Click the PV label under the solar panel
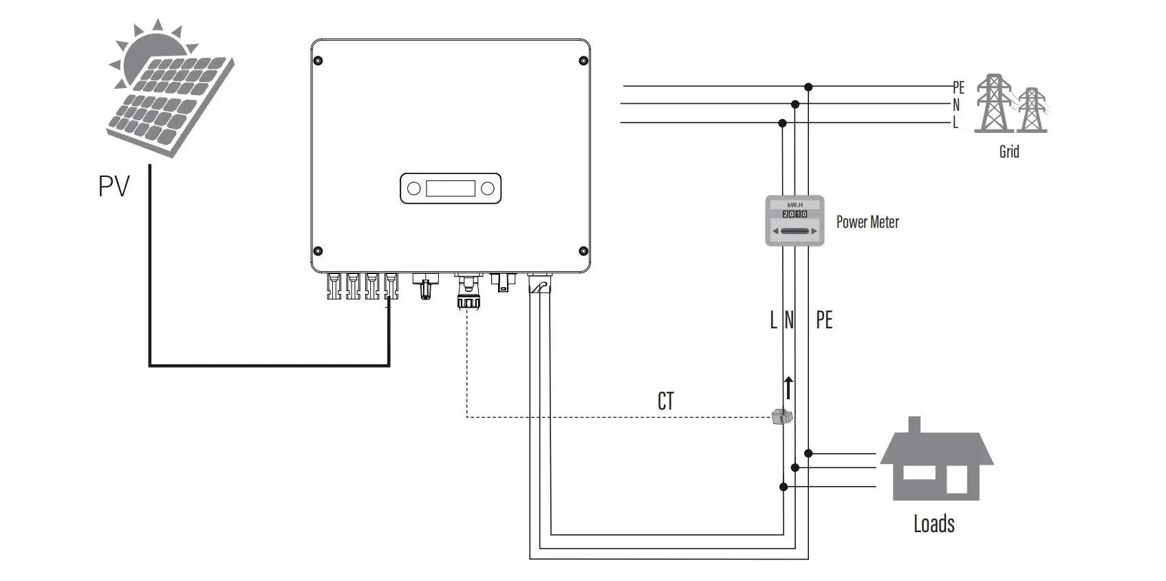tap(114, 186)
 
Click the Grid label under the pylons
tap(1008, 151)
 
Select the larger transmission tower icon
tap(993, 103)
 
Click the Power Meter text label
tap(867, 222)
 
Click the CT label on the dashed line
tap(665, 401)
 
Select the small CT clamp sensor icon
tap(781, 416)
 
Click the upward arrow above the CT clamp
tap(788, 388)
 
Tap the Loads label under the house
tap(933, 524)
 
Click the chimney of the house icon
tap(914, 425)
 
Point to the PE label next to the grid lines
tap(958, 87)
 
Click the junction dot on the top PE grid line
tap(808, 87)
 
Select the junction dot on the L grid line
tap(782, 123)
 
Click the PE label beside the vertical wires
tap(823, 320)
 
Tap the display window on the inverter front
tap(450, 189)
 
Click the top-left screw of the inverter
tap(318, 61)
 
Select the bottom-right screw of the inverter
tap(583, 251)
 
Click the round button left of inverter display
tap(414, 189)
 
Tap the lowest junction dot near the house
tap(783, 487)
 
